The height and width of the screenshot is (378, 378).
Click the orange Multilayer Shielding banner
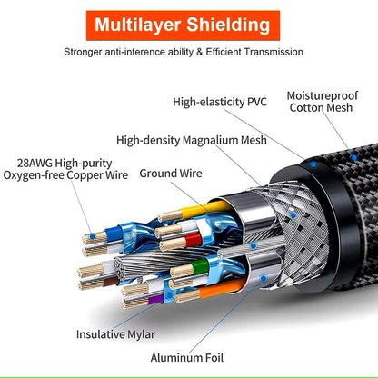(x=183, y=25)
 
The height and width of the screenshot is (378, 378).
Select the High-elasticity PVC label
(x=220, y=102)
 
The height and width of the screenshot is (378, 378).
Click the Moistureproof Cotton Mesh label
(x=323, y=102)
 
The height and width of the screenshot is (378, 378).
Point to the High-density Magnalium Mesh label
(x=192, y=140)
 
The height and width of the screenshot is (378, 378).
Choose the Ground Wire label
(x=171, y=174)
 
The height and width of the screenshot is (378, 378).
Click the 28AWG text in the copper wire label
(x=35, y=164)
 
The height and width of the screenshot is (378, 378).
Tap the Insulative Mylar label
(x=115, y=334)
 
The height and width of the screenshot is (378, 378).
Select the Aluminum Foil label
(x=187, y=358)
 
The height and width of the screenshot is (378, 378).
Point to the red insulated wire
(x=194, y=240)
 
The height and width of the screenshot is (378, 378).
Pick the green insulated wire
(x=201, y=266)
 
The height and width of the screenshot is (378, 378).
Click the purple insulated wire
(x=156, y=299)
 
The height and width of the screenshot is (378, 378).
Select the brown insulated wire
(x=111, y=281)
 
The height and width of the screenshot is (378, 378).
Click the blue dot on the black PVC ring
(x=313, y=164)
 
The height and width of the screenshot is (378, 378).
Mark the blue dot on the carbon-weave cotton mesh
(x=353, y=157)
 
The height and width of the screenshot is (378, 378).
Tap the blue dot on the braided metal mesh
(x=293, y=215)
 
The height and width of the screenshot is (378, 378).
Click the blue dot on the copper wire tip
(x=93, y=236)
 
